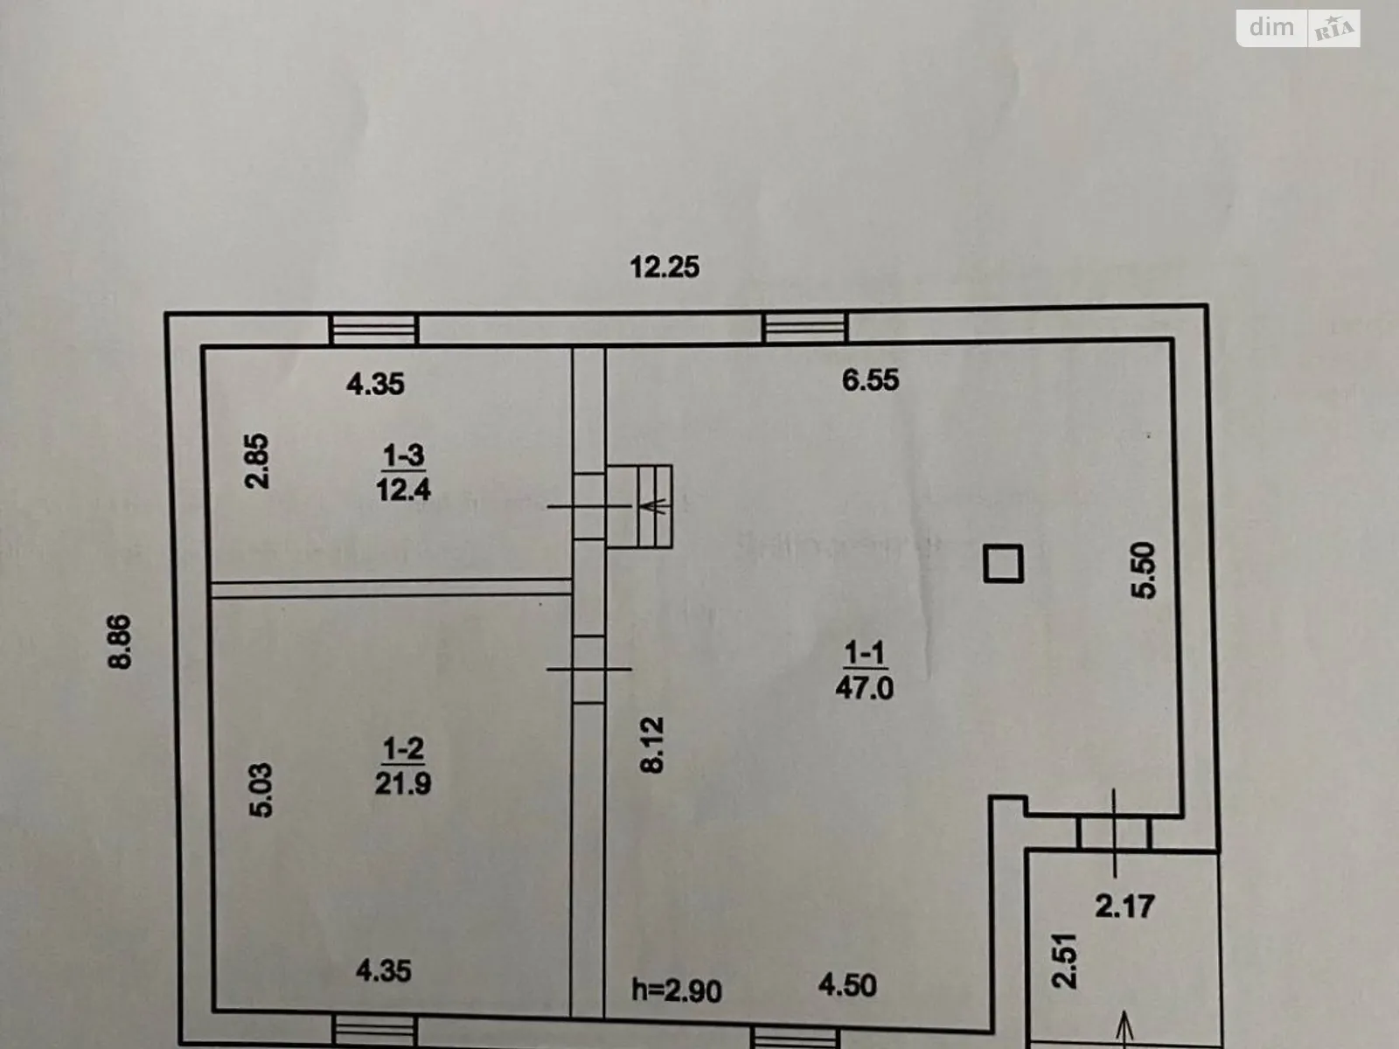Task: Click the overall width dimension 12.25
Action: tap(665, 267)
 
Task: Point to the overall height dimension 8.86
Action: tap(120, 642)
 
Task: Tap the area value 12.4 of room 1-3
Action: tap(403, 489)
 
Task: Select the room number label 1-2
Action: tap(403, 749)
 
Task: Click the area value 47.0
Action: tap(864, 688)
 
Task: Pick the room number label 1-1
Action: tap(864, 652)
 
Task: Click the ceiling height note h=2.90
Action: tap(677, 990)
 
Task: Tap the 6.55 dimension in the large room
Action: tap(870, 379)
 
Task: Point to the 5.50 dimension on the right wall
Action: tap(1145, 570)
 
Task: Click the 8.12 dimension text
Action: tap(652, 744)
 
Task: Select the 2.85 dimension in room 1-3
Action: tap(258, 462)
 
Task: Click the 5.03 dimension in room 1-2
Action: tap(261, 790)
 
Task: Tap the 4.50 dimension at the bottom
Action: tap(847, 985)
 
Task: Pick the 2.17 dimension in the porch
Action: tap(1124, 906)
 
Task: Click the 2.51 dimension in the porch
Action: tap(1065, 960)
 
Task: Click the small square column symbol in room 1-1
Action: tap(1003, 564)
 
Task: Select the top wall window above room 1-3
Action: tap(374, 330)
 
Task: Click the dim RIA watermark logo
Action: tap(1298, 28)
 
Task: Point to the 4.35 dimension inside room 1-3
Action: tap(375, 384)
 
